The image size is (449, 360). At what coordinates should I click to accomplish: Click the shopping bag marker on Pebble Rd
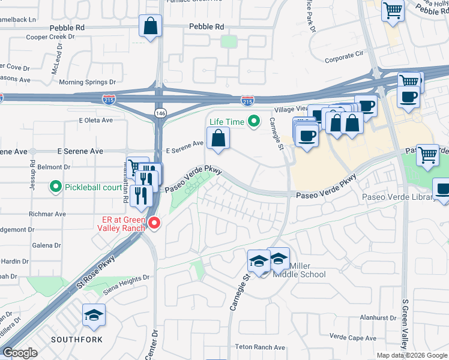coord(150,26)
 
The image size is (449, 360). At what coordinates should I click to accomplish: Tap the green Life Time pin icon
coord(254,122)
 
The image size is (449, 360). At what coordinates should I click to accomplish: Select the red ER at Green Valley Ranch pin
coord(154,223)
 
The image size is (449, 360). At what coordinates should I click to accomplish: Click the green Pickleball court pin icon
coord(56,188)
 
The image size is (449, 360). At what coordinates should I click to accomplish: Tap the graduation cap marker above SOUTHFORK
coord(94,316)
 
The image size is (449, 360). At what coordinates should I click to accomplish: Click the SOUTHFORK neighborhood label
coord(76,340)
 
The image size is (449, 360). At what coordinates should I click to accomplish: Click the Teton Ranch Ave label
coord(260,347)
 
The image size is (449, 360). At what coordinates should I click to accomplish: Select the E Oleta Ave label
coord(96,120)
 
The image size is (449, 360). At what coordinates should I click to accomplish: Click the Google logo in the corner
coord(20,353)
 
